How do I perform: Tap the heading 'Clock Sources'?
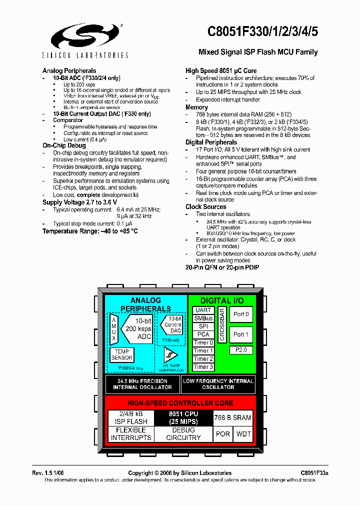tap(205, 206)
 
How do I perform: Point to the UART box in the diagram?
tap(203, 310)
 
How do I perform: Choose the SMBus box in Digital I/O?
tap(203, 318)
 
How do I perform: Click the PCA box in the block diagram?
tap(203, 334)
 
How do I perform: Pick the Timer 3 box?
tap(203, 367)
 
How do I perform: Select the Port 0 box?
tap(241, 314)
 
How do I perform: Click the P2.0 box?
tap(241, 350)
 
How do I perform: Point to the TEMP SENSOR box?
tap(121, 355)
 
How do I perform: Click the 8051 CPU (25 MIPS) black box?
tap(183, 417)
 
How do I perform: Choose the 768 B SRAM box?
tap(232, 417)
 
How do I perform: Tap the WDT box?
tap(243, 434)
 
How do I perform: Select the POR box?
tap(223, 434)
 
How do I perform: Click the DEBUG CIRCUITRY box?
tap(183, 434)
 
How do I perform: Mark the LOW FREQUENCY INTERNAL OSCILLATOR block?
tap(218, 384)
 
